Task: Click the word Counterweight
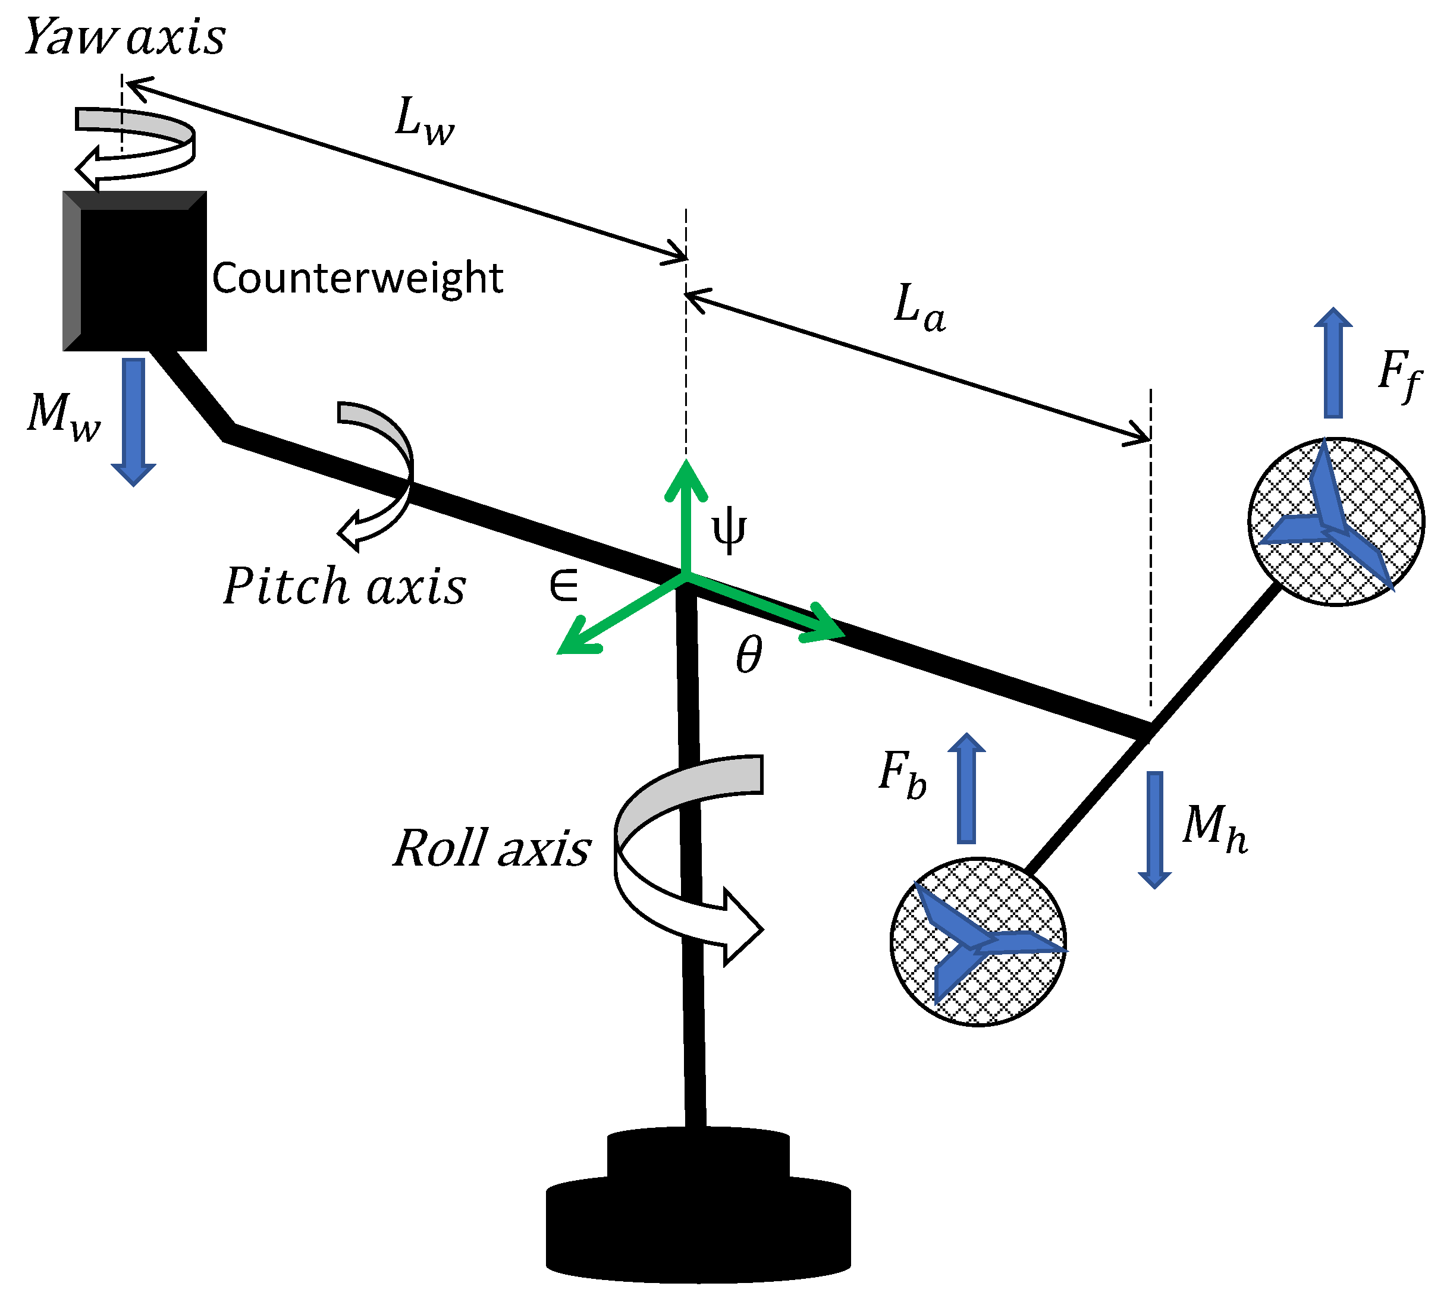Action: pos(357,278)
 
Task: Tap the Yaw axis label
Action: pos(125,37)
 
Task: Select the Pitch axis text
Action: pos(344,587)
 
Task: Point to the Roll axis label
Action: pos(492,848)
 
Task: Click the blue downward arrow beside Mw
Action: pos(133,420)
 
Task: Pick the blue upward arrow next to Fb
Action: pos(966,789)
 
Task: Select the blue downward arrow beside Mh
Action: pos(1154,829)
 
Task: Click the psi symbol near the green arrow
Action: pos(729,530)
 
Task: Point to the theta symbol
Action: pos(749,655)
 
